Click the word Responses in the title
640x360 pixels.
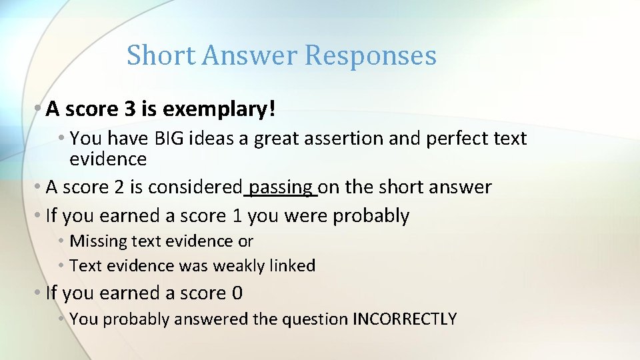click(370, 55)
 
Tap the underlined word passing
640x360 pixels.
click(281, 187)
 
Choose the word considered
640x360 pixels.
click(194, 187)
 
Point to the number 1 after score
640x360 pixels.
click(236, 216)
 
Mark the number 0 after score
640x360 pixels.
click(237, 293)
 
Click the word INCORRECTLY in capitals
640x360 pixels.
click(404, 319)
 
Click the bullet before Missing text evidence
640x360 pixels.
click(61, 241)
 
